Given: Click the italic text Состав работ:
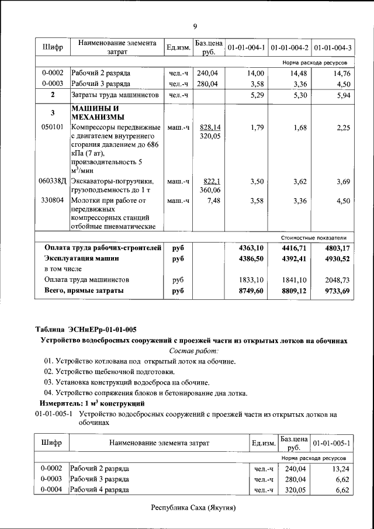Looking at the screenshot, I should [x=193, y=351].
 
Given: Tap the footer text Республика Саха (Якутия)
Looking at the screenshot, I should [x=193, y=507].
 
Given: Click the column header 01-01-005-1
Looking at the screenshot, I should [x=331, y=443].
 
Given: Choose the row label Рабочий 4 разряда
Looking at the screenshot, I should [x=99, y=490].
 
